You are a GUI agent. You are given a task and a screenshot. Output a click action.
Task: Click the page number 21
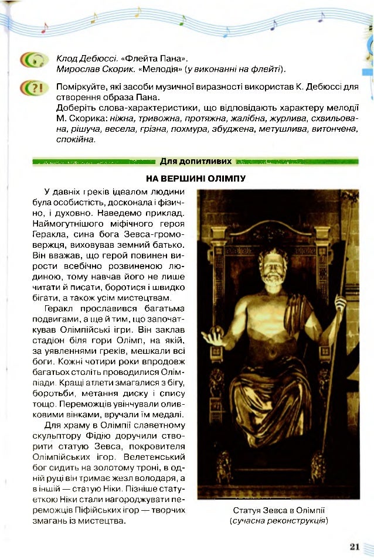coord(354,547)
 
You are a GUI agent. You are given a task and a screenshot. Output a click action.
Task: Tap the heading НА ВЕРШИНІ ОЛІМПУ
coord(195,178)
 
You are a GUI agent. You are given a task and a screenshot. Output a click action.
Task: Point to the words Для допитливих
coord(196,161)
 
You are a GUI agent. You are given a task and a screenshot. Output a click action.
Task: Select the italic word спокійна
coord(75,139)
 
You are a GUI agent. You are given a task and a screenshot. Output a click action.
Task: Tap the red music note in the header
coord(45,28)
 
